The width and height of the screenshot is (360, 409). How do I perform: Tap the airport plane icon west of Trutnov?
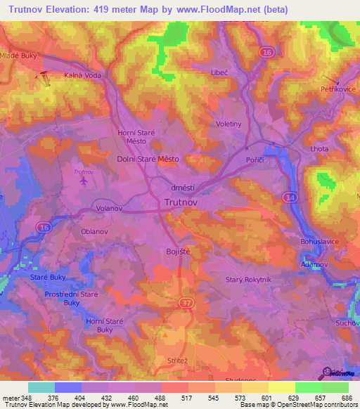[x=84, y=181]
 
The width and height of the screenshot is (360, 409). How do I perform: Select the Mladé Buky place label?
[x=18, y=55]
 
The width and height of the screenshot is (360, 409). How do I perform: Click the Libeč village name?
[x=220, y=72]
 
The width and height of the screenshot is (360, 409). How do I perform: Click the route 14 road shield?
[x=290, y=198]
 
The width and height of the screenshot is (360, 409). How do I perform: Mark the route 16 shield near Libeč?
[x=266, y=51]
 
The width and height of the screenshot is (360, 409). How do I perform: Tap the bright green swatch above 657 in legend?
[x=308, y=387]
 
